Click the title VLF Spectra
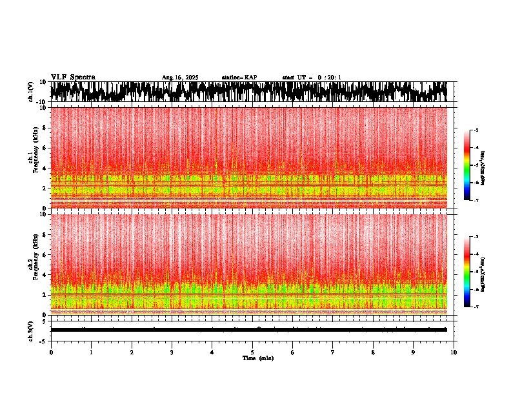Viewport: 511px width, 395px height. pos(73,77)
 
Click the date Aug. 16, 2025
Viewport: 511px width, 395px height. pos(180,77)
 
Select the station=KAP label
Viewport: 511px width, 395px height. pos(239,77)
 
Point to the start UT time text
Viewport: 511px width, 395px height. pos(312,77)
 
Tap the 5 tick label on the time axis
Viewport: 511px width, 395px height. pos(252,352)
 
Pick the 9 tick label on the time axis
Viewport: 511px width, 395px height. pos(414,352)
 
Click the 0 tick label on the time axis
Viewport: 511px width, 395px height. pos(51,352)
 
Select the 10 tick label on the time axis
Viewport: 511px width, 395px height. pos(454,352)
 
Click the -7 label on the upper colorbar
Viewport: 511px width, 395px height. pos(476,200)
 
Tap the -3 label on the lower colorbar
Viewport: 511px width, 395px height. pos(476,237)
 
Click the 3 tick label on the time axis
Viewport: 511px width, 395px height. pos(172,352)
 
